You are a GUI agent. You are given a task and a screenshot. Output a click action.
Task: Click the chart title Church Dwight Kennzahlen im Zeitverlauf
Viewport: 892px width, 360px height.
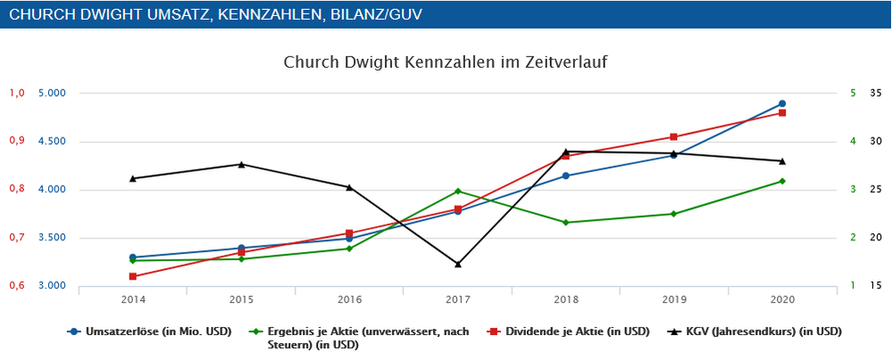click(446, 63)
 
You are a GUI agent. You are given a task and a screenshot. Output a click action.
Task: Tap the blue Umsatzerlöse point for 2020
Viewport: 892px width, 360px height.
click(782, 104)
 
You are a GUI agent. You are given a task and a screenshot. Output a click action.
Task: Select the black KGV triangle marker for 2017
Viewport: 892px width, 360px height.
click(458, 264)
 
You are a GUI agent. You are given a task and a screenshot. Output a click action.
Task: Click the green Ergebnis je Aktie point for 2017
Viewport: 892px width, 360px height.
click(458, 191)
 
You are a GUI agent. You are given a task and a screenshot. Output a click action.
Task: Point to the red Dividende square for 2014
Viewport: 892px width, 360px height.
click(133, 277)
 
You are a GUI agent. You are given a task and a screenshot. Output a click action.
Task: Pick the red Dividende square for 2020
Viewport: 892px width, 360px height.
click(782, 113)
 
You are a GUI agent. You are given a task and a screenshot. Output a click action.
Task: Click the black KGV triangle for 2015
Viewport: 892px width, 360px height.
click(241, 164)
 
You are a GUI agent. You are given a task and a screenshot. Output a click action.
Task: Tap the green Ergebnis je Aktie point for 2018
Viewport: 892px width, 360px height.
click(566, 222)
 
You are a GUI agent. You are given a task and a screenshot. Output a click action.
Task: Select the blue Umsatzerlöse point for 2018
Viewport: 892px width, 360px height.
click(566, 176)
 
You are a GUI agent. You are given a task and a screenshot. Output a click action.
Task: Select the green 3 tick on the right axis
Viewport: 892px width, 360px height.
click(853, 189)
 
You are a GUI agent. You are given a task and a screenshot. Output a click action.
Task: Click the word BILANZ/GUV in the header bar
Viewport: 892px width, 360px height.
click(368, 14)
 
